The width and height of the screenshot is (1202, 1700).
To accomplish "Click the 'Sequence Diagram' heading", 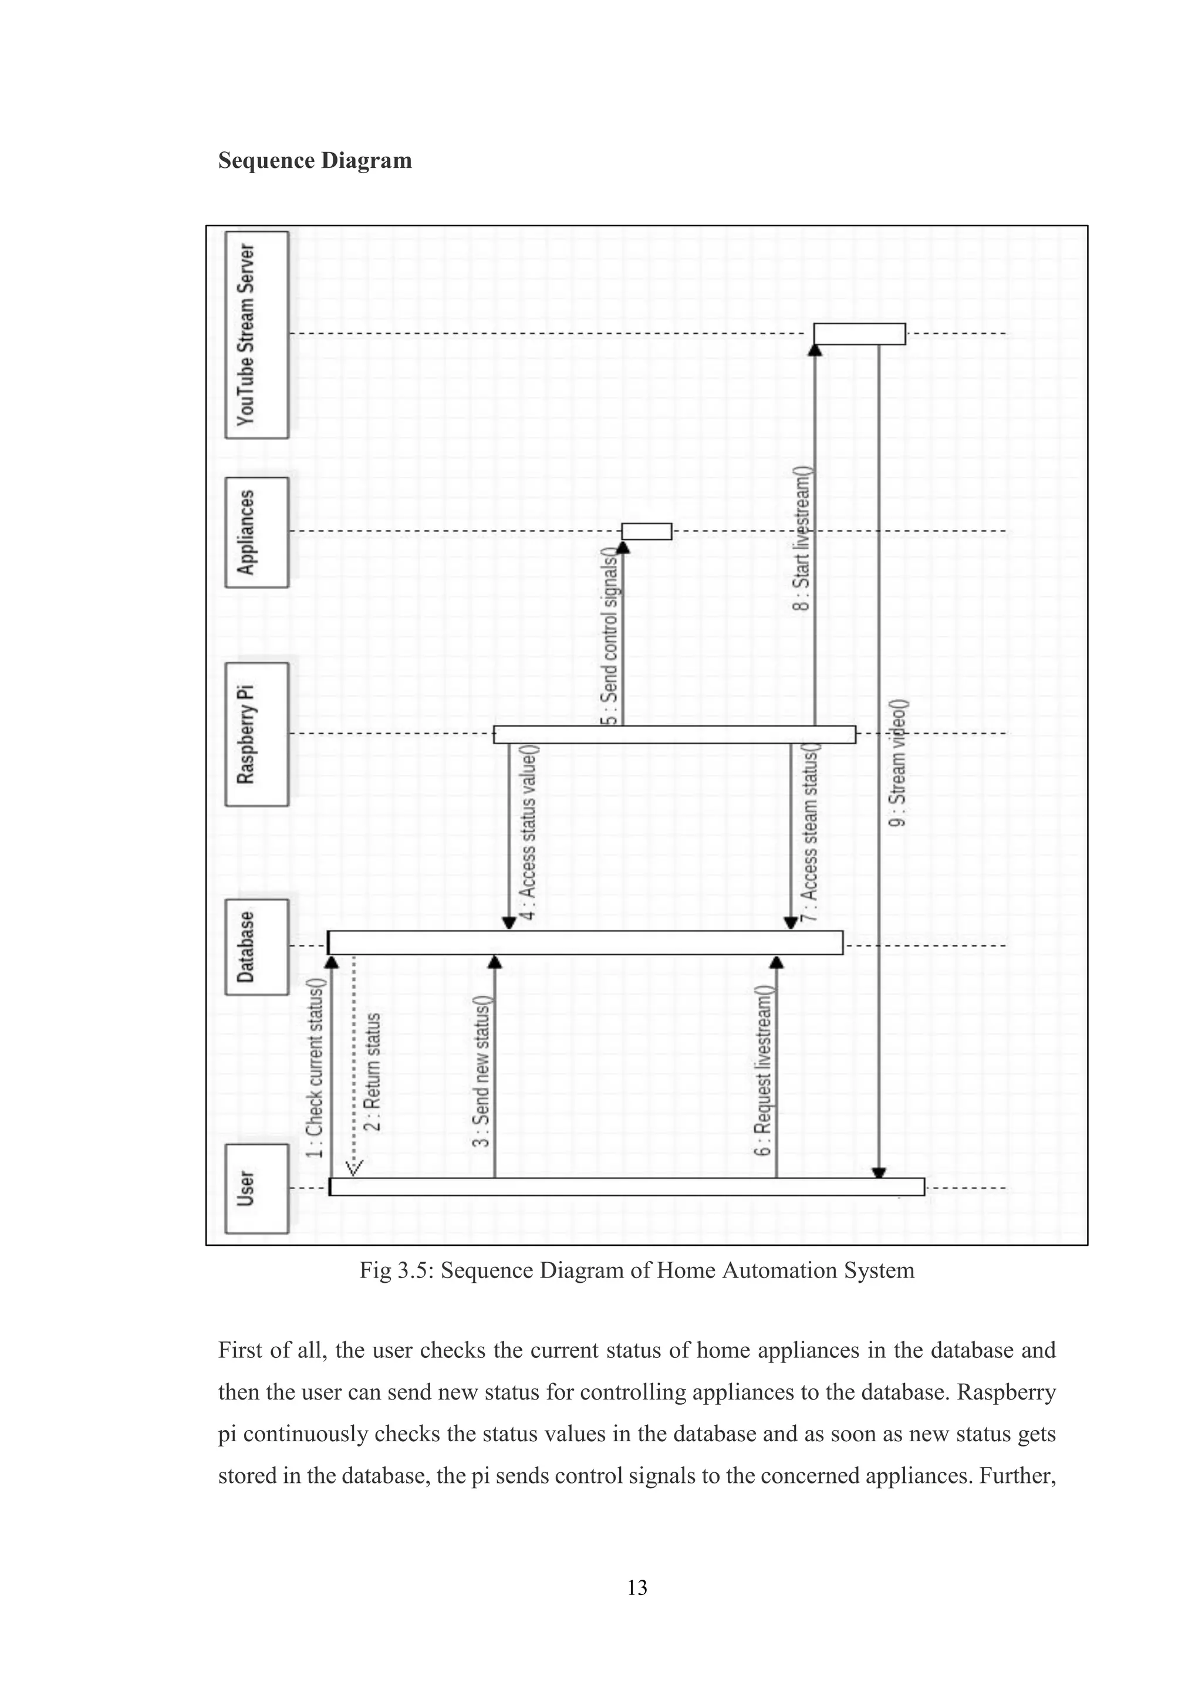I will click(315, 161).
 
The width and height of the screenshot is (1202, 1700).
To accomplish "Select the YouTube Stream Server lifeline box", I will click(256, 334).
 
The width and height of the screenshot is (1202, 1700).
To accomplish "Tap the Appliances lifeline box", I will click(256, 532).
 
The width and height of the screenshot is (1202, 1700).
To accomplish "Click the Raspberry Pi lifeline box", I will click(256, 734).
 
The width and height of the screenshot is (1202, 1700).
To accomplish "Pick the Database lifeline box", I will click(256, 947).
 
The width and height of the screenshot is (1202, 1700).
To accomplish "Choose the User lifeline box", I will click(256, 1188).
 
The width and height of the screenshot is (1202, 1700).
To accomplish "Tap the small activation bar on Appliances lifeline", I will click(647, 532).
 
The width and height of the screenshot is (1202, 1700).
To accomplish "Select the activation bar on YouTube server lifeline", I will click(859, 334).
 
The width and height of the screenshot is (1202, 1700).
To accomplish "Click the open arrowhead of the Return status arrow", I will click(354, 1168).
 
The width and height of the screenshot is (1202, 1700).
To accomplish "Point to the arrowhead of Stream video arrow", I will click(879, 1173).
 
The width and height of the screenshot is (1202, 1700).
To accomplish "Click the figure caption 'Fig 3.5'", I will click(637, 1270).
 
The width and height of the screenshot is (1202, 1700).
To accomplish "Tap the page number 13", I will click(637, 1587).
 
